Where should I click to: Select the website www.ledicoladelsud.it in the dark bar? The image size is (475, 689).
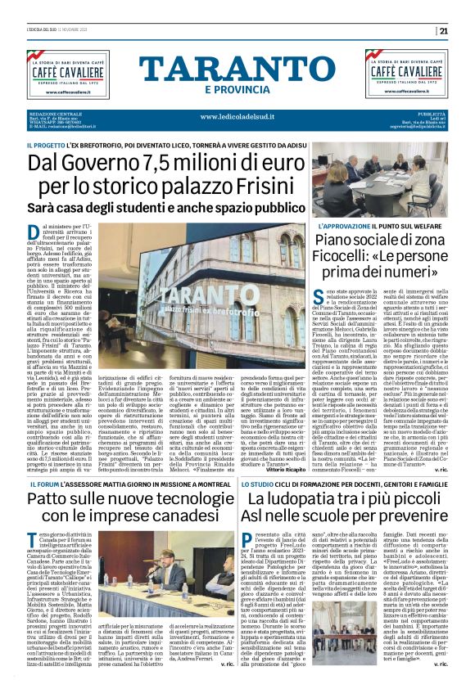pyautogui.click(x=237, y=115)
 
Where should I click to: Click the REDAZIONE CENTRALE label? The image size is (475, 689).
pyautogui.click(x=54, y=112)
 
